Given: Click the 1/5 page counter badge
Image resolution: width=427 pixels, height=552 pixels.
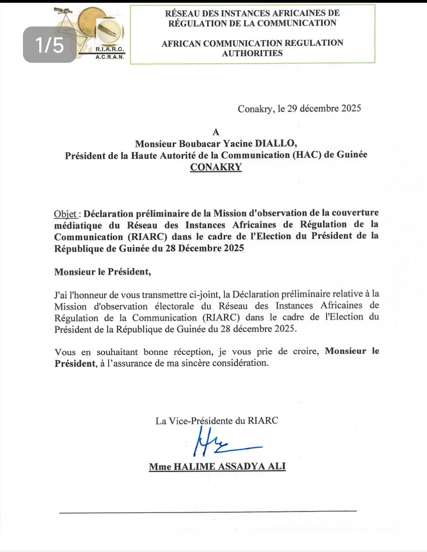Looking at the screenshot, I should click(49, 45).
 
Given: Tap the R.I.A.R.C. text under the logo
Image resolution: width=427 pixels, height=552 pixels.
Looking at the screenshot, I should click(110, 50).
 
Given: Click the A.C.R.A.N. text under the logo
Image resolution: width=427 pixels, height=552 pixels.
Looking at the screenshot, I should click(110, 57).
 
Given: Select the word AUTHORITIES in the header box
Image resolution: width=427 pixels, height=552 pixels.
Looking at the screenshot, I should click(252, 53).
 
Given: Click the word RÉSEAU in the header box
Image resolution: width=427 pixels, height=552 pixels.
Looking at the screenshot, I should click(182, 13).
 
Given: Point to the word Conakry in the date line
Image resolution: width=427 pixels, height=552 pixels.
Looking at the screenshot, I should click(255, 109).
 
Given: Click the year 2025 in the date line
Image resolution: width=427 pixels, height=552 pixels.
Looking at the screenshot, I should click(351, 108).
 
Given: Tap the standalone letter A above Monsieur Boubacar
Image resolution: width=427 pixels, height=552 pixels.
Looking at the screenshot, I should click(216, 132).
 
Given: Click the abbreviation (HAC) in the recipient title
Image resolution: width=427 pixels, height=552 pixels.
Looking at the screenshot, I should click(307, 155).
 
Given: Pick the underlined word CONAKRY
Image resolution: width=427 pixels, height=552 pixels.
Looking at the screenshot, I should click(216, 167).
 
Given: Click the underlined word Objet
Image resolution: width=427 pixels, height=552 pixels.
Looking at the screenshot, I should click(65, 214).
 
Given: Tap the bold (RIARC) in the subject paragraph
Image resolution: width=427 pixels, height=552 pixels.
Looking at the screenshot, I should click(147, 237).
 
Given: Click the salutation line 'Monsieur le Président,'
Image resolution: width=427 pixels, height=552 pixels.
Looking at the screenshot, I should click(103, 272).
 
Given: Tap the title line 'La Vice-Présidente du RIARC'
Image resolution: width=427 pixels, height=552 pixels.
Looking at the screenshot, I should click(217, 421).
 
